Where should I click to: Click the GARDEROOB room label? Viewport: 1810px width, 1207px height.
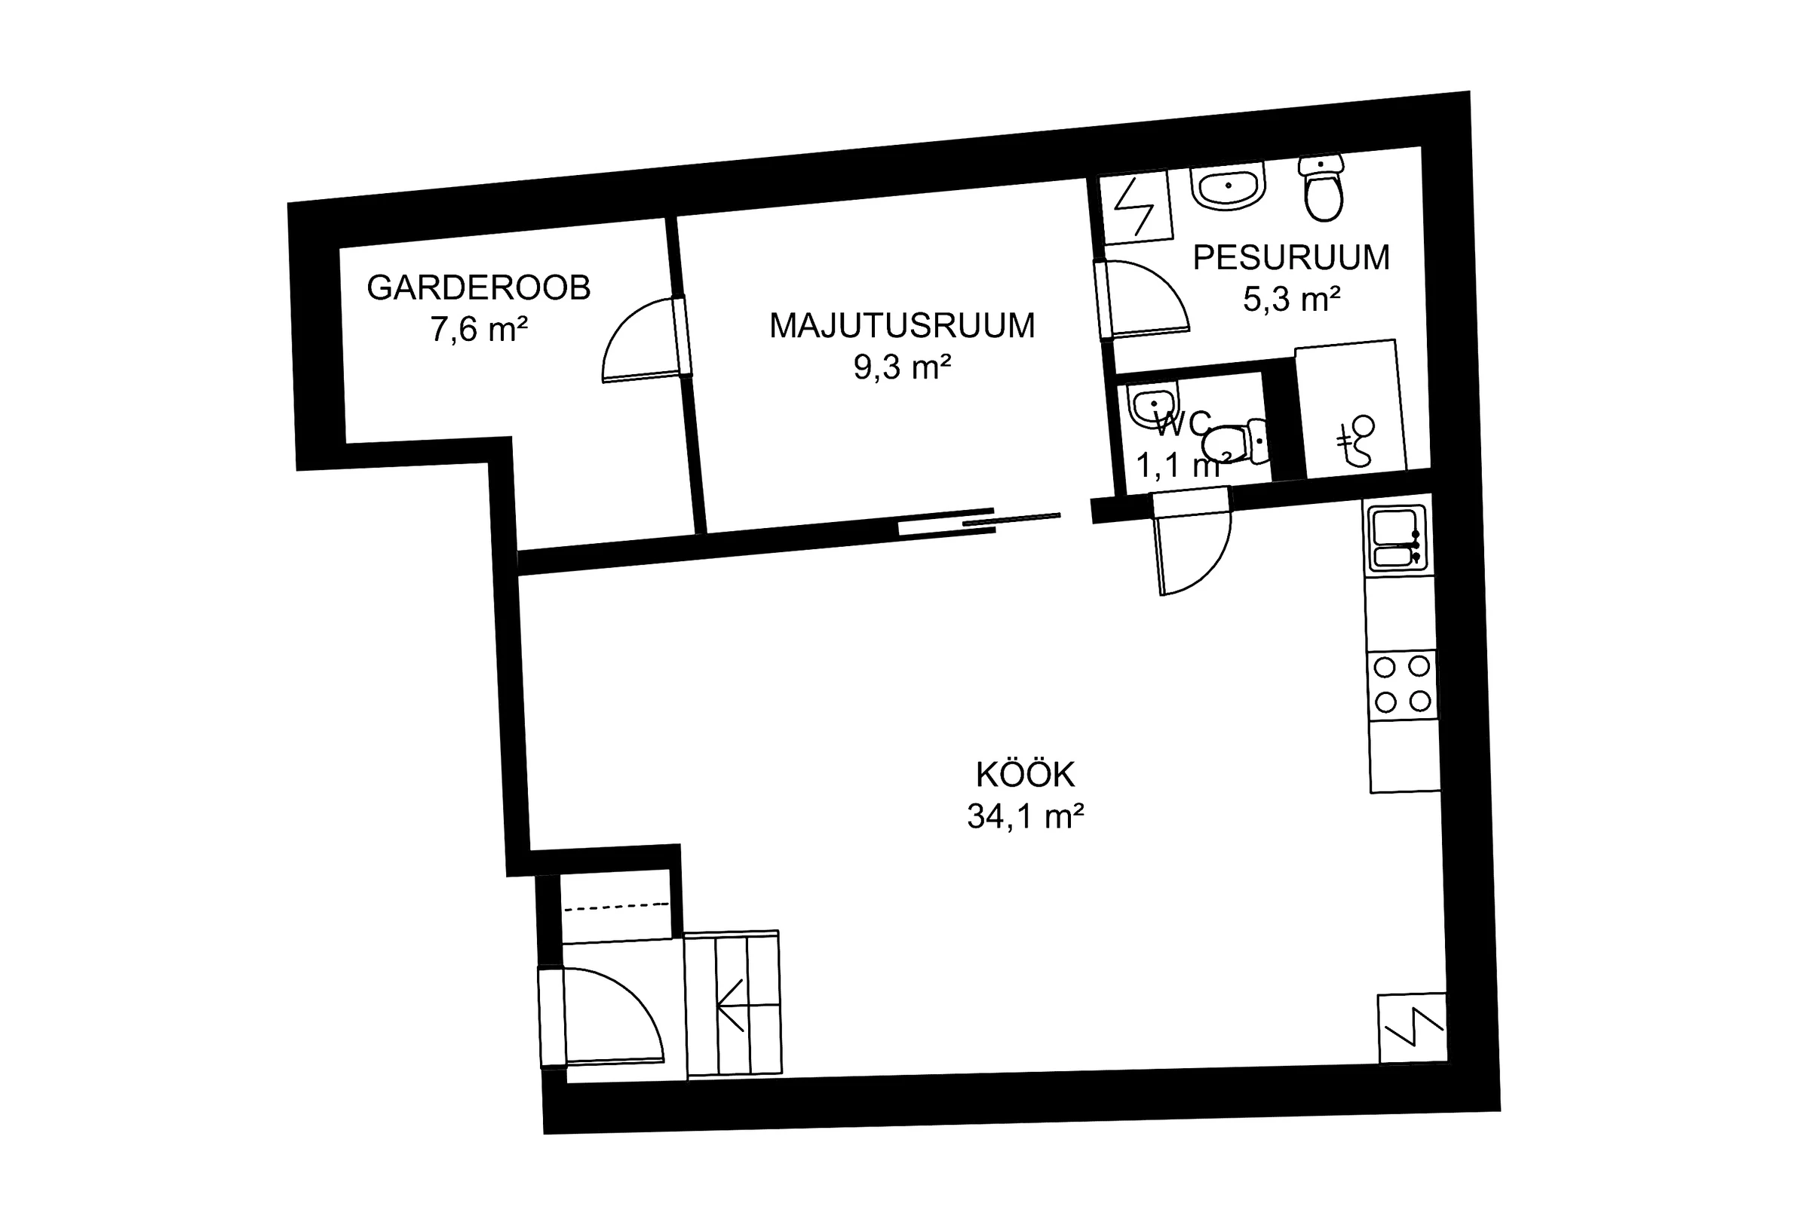(x=478, y=288)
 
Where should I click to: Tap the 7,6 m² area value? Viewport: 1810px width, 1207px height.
(x=479, y=330)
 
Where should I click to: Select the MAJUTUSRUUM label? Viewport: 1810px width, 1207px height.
(x=902, y=326)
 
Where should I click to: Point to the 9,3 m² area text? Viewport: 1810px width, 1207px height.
(x=902, y=367)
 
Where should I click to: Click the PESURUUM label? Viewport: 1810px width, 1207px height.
(x=1291, y=258)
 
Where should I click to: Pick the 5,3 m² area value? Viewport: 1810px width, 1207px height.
(x=1291, y=299)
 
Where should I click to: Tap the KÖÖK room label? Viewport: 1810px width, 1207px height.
(x=1025, y=775)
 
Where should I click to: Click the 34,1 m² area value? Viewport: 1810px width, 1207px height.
(x=1025, y=817)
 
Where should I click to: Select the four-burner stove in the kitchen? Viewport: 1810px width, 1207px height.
(x=1402, y=684)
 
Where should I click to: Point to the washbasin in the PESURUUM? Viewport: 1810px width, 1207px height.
(x=1229, y=186)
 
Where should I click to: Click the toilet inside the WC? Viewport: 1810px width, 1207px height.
(x=1235, y=442)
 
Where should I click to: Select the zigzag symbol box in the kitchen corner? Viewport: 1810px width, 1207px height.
(x=1412, y=1028)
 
